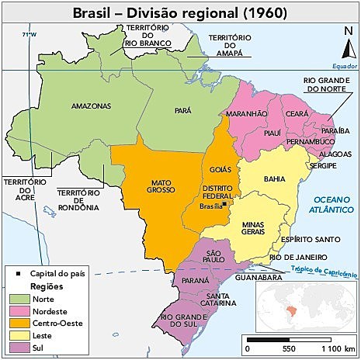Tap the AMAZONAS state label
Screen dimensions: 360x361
click(x=90, y=106)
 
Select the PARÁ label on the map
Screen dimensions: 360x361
click(x=182, y=111)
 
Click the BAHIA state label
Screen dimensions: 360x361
click(x=274, y=178)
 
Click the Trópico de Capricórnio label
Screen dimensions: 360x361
click(x=324, y=271)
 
